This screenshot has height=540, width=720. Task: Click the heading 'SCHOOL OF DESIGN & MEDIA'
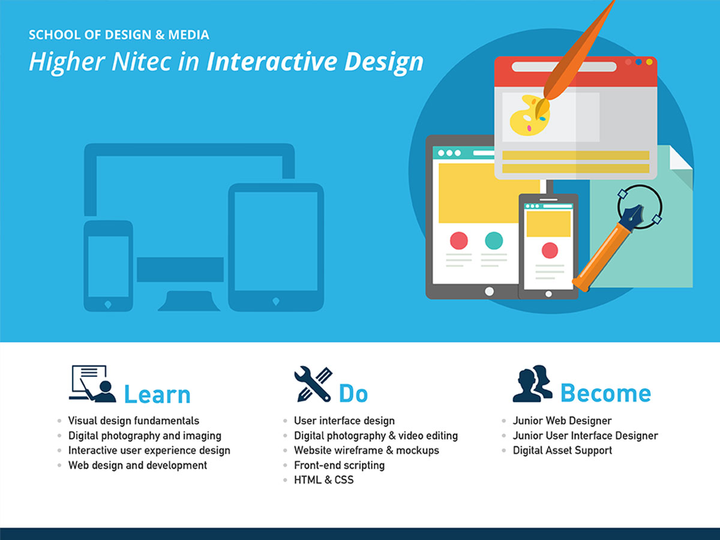point(119,35)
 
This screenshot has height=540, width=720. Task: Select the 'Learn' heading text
point(157,395)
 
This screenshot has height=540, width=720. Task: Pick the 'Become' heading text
point(605,394)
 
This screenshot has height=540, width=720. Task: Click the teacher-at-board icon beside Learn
point(92,384)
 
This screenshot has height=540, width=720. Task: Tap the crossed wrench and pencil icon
point(313,384)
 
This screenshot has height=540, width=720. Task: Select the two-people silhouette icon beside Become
point(532,384)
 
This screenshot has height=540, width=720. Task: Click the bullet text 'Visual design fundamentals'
point(134,421)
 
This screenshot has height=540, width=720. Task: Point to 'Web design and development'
point(137,465)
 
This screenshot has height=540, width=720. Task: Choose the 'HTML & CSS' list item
point(323,479)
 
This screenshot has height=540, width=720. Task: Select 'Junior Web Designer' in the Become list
point(562,421)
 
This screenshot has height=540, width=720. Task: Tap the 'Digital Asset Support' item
point(562,450)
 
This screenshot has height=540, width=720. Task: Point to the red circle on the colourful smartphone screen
point(550,250)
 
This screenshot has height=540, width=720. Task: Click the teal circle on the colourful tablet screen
point(494,241)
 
